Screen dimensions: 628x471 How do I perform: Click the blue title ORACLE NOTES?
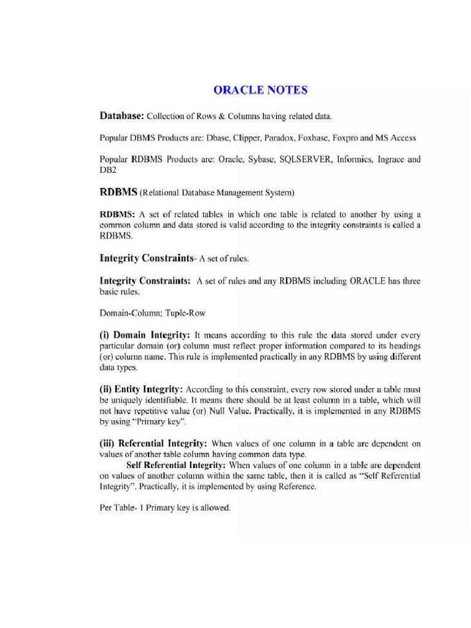click(x=260, y=90)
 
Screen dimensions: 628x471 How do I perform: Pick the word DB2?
click(x=107, y=170)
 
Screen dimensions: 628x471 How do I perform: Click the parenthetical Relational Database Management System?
click(x=218, y=193)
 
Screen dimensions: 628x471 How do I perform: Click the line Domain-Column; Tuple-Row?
click(x=153, y=313)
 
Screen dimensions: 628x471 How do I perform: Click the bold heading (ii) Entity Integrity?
click(x=141, y=389)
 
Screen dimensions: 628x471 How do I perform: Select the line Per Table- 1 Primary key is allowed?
click(x=165, y=508)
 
